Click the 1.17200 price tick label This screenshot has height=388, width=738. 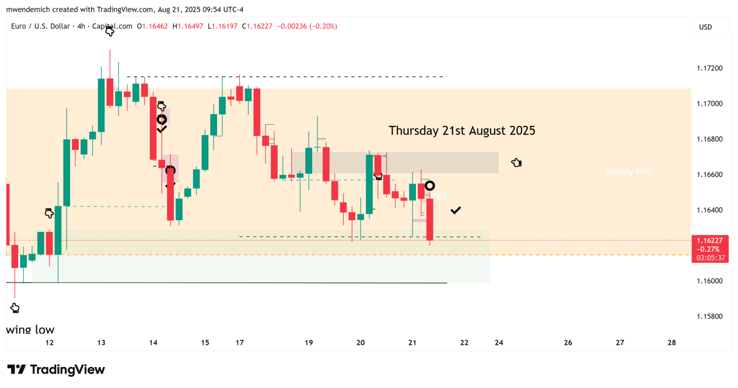pyautogui.click(x=709, y=68)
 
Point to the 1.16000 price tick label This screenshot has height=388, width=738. pyautogui.click(x=709, y=281)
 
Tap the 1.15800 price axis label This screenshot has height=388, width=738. pyautogui.click(x=709, y=316)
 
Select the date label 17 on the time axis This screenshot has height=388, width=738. pyautogui.click(x=240, y=343)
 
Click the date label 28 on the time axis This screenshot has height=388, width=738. pyautogui.click(x=671, y=343)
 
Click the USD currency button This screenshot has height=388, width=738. pyautogui.click(x=705, y=27)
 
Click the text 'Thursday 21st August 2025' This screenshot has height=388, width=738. pyautogui.click(x=462, y=130)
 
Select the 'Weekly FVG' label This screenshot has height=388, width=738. pyautogui.click(x=628, y=172)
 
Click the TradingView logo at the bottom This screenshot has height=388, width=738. pyautogui.click(x=56, y=369)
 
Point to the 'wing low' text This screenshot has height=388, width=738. pyautogui.click(x=30, y=329)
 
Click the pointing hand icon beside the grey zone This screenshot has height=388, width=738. pyautogui.click(x=516, y=163)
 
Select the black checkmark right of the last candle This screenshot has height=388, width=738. pyautogui.click(x=456, y=210)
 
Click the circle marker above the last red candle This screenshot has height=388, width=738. pyautogui.click(x=430, y=186)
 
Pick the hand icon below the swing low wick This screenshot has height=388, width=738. pyautogui.click(x=15, y=308)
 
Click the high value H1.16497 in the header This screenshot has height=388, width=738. pyautogui.click(x=188, y=26)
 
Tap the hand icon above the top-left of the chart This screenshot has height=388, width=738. pyautogui.click(x=110, y=31)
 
